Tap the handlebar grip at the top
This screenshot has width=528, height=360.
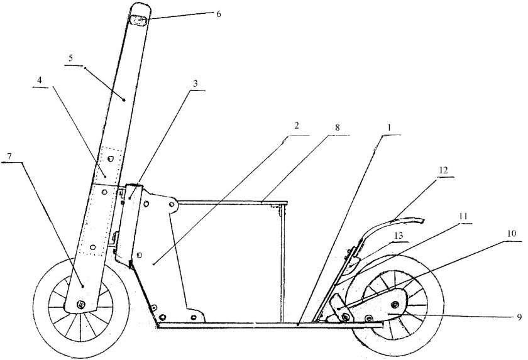pos(139,19)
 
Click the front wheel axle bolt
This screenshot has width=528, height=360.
pos(80,304)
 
